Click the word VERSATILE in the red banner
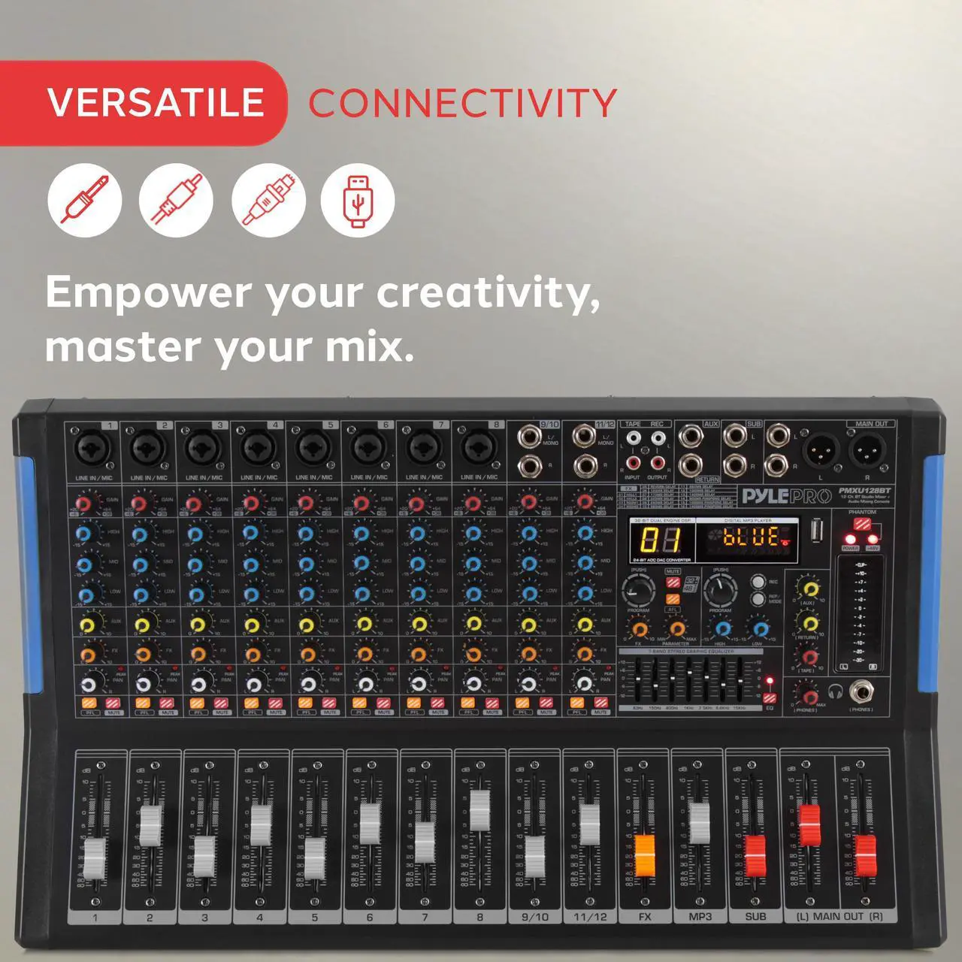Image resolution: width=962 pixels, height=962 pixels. [156, 102]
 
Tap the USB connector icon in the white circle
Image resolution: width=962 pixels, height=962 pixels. [358, 201]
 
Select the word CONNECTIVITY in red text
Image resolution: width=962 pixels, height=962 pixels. [462, 103]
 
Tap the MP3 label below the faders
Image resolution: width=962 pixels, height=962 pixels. [700, 917]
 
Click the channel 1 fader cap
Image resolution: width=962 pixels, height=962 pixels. [95, 856]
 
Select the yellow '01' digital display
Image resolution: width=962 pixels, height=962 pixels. [661, 540]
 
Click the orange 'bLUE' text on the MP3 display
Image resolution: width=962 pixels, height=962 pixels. [750, 537]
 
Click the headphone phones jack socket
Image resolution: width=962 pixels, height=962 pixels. [861, 693]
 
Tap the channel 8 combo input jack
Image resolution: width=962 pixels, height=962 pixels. [478, 449]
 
